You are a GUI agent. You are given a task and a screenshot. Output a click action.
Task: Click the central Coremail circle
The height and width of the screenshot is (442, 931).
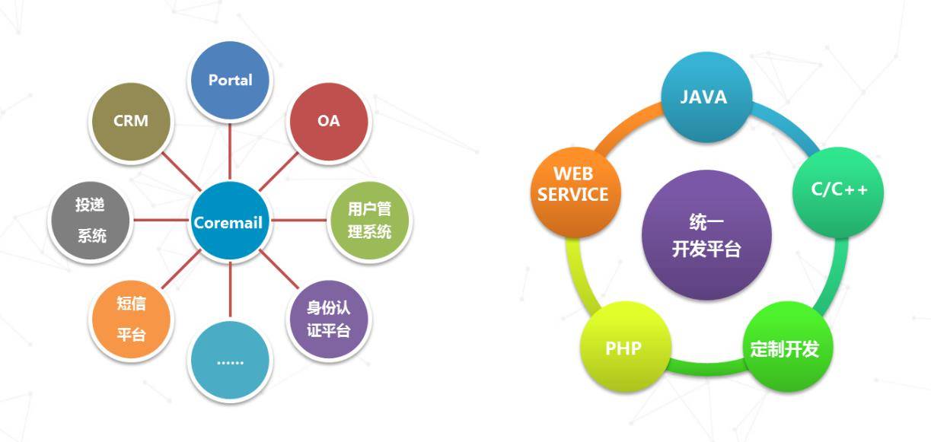click(228, 221)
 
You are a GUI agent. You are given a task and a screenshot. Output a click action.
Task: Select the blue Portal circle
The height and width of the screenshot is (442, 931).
click(230, 80)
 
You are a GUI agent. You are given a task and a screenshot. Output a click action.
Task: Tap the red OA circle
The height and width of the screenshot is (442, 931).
click(329, 122)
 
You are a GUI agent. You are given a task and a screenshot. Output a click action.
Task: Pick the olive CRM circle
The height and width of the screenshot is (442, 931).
click(130, 122)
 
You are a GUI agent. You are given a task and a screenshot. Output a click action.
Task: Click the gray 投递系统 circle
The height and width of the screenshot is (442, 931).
click(90, 221)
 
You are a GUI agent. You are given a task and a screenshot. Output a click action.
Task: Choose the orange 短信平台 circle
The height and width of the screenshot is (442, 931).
click(130, 320)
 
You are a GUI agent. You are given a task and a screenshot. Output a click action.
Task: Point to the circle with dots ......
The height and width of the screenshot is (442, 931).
click(230, 361)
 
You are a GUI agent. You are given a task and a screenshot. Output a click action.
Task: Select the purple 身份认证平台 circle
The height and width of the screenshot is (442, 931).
click(329, 320)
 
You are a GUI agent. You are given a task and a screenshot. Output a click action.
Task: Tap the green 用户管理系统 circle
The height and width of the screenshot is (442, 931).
click(370, 221)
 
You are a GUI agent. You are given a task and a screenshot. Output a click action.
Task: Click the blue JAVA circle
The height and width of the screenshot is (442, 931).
click(704, 98)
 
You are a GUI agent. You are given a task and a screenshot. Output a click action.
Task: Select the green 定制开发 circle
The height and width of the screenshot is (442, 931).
click(785, 349)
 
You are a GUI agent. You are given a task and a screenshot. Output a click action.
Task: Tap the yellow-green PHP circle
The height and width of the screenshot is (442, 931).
click(623, 349)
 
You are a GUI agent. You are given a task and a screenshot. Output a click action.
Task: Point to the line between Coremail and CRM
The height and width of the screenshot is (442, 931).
click(180, 172)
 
